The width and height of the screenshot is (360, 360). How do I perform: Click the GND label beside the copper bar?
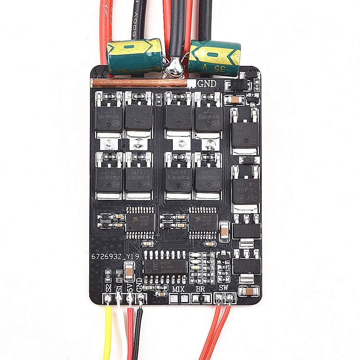(x=207, y=84)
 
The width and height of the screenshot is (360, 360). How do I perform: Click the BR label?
(x=200, y=289)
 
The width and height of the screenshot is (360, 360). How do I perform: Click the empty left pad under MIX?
(x=175, y=298)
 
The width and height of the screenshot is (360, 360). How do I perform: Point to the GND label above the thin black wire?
(x=141, y=287)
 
